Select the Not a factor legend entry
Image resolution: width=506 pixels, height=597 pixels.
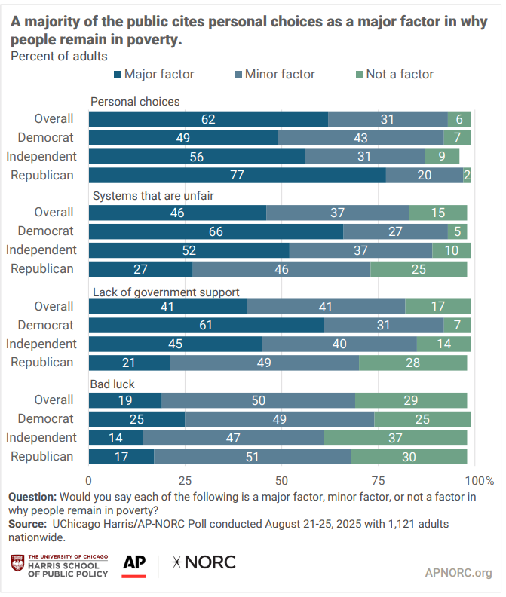400,74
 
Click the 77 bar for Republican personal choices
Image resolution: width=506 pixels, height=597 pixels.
238,175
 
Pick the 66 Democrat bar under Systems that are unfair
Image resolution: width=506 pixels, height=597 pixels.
216,231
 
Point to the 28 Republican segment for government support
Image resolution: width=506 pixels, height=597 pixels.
412,362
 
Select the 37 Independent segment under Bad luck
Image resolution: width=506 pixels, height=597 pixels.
395,437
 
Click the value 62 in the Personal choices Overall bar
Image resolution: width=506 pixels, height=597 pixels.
208,118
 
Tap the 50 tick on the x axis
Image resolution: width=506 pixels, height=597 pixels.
281,480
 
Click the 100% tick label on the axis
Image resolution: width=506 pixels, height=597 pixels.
480,480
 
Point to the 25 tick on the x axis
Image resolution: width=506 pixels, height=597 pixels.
185,480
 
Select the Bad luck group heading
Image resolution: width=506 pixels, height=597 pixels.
113,384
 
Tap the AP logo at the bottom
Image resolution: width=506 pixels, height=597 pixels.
133,564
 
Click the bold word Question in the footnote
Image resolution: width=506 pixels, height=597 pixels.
32,497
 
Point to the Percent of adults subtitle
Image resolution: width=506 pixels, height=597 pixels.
59,56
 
